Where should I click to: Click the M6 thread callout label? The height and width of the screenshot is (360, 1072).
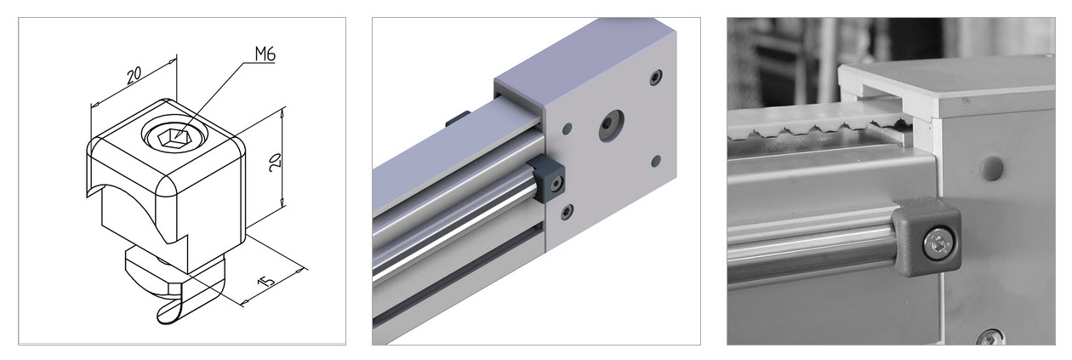point(265,54)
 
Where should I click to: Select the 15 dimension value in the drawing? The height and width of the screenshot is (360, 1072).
point(266,279)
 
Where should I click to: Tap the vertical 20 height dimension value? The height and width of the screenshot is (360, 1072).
point(275,163)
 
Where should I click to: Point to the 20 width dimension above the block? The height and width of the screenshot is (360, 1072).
point(134,75)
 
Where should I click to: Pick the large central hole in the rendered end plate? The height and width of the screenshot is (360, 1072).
point(612,125)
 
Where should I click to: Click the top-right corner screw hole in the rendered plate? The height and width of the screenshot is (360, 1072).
point(657,77)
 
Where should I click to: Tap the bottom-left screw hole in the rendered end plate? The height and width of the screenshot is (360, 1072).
point(567,211)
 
